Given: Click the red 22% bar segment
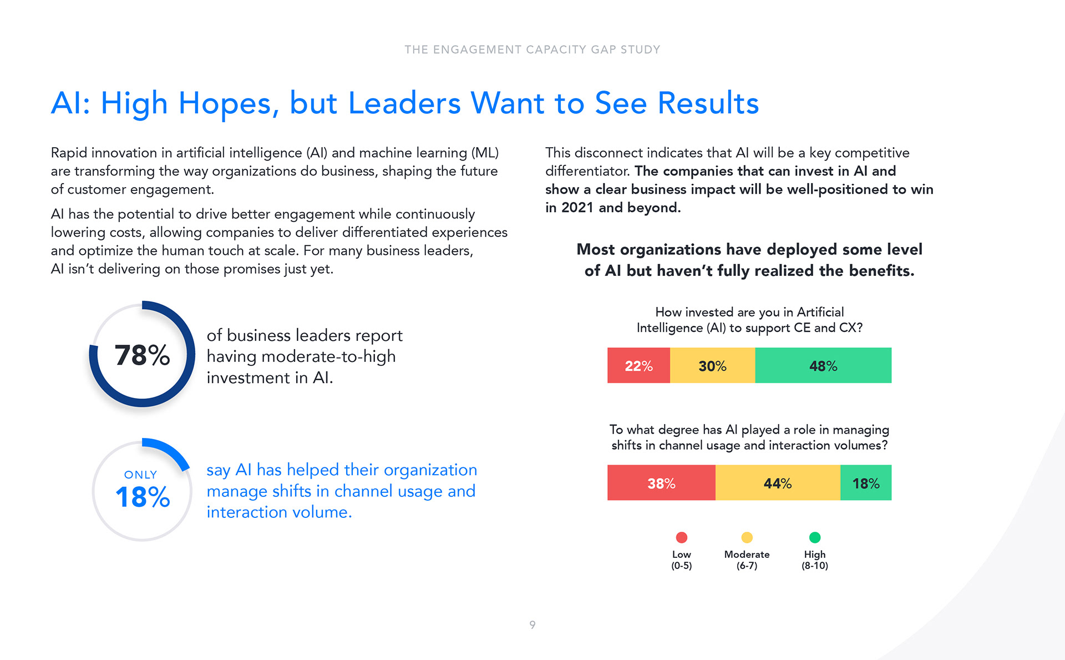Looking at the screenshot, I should coord(638,365).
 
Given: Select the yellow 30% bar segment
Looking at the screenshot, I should coord(712,365).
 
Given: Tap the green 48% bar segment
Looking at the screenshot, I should coord(823,365).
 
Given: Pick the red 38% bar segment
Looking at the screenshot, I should coord(661,483).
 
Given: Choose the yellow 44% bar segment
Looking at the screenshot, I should coord(778,483).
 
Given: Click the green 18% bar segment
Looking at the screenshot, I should coord(866,483).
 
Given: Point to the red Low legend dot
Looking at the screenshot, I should coord(682,537).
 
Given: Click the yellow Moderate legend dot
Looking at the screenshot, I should coord(747,537).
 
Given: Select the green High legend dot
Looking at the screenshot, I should coord(815,537).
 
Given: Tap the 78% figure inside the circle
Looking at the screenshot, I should coord(142,355).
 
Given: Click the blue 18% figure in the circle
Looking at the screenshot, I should coord(143,497).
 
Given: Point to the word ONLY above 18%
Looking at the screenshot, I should coord(141,475).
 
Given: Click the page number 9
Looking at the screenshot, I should coord(532,625).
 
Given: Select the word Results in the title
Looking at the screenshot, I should coord(708,103).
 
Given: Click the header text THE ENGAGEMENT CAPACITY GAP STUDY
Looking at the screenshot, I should coord(532,49).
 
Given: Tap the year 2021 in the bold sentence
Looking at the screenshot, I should coord(577,208).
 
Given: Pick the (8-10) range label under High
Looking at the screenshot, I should coord(815,566).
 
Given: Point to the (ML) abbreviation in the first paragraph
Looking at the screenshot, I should coord(485,153).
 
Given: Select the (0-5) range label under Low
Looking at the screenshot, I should coord(682,566).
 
